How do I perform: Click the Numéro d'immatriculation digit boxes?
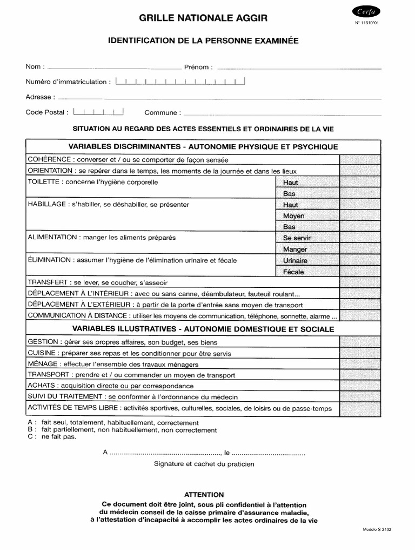(180, 82)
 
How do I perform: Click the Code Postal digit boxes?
(98, 112)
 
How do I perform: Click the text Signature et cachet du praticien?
(204, 463)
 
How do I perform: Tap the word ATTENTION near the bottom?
(204, 494)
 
